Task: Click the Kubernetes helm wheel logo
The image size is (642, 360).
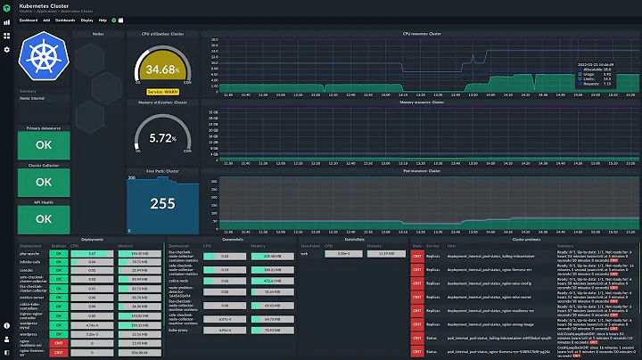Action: click(x=42, y=56)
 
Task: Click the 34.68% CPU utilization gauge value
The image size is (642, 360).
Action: click(x=165, y=69)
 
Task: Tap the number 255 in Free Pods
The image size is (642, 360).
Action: click(x=162, y=203)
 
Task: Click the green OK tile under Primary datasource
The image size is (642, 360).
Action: click(x=42, y=143)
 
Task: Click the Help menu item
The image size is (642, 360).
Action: click(x=103, y=19)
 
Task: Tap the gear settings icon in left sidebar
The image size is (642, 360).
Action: click(x=6, y=49)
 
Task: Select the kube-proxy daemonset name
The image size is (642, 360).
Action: click(x=181, y=329)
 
